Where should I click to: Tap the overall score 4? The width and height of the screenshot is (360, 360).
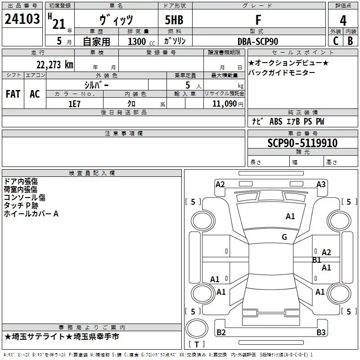click(x=343, y=21)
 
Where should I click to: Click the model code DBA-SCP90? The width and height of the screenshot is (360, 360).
click(x=258, y=41)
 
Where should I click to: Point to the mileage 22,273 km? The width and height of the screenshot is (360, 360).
click(x=54, y=64)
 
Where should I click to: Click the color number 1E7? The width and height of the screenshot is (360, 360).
click(x=74, y=103)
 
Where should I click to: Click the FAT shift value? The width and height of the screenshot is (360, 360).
click(x=13, y=94)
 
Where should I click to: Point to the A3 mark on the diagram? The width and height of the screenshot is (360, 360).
click(x=321, y=184)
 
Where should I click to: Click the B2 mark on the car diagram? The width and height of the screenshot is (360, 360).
click(x=221, y=333)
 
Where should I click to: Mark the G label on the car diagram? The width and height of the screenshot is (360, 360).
click(x=284, y=237)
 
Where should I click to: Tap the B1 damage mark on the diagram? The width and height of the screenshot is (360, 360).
click(x=317, y=260)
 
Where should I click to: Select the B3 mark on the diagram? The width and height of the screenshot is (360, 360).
click(x=321, y=333)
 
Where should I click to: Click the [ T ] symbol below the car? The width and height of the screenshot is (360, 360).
click(x=196, y=345)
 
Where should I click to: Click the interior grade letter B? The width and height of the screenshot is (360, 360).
click(x=350, y=41)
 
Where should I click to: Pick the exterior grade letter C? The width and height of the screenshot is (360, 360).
click(x=335, y=41)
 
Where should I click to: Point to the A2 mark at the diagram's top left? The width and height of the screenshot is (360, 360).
click(x=220, y=184)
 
